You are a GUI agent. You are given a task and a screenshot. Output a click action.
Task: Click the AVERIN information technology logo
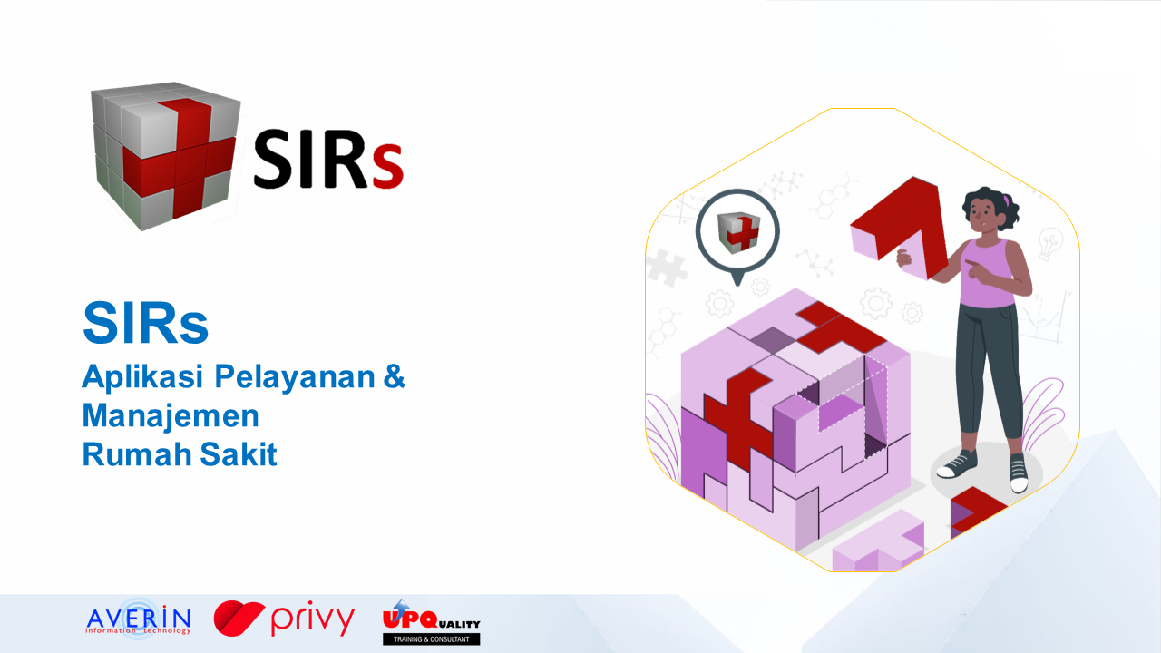[139, 619]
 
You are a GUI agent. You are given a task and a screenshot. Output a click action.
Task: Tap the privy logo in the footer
[284, 619]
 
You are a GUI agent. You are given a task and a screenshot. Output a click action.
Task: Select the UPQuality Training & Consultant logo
[431, 622]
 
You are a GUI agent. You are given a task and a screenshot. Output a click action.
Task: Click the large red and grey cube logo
[165, 155]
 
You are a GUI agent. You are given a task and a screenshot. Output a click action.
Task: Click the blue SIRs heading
[146, 323]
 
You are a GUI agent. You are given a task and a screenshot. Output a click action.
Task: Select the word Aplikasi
[142, 377]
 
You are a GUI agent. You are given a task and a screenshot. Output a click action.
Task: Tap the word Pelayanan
[295, 377]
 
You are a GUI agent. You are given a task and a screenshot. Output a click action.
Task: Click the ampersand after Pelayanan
[395, 375]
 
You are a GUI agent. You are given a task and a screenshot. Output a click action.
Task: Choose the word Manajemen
[171, 416]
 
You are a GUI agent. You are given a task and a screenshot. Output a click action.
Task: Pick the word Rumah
[136, 454]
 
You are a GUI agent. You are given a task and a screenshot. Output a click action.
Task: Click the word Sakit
[239, 454]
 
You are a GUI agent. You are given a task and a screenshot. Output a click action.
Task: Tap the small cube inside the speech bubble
[738, 233]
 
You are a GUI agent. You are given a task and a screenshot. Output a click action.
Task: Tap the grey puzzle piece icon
[667, 268]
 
